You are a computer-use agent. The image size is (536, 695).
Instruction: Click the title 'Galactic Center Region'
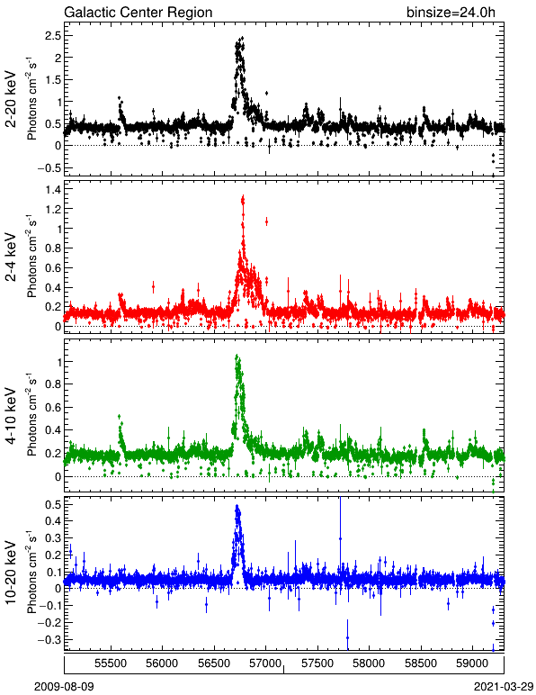[x=138, y=12]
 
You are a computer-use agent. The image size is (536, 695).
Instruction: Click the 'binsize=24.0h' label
[x=451, y=12]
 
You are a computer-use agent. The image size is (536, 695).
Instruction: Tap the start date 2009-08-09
[x=64, y=687]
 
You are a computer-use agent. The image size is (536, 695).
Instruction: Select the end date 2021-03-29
[x=504, y=687]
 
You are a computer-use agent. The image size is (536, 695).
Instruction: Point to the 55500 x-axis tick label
[x=111, y=663]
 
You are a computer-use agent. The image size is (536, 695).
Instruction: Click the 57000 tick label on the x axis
[x=265, y=663]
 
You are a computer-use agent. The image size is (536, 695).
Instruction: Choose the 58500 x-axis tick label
[x=421, y=663]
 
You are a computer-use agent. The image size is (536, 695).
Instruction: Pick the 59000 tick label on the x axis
[x=472, y=663]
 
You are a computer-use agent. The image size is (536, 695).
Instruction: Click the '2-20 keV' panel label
[x=11, y=99]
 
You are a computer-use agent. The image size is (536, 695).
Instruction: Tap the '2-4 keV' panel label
[x=11, y=257]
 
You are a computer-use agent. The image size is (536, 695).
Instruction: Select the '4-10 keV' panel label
[x=11, y=416]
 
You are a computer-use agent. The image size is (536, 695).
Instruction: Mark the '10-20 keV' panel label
[x=11, y=573]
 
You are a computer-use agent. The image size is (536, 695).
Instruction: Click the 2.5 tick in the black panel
[x=52, y=35]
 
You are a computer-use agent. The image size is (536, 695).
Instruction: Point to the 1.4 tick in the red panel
[x=52, y=190]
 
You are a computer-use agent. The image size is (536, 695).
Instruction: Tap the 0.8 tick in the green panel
[x=52, y=384]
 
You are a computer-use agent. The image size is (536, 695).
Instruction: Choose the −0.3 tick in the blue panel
[x=49, y=640]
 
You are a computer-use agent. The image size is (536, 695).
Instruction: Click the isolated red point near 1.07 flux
[x=266, y=222]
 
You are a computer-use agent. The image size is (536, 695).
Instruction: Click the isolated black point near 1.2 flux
[x=266, y=93]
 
